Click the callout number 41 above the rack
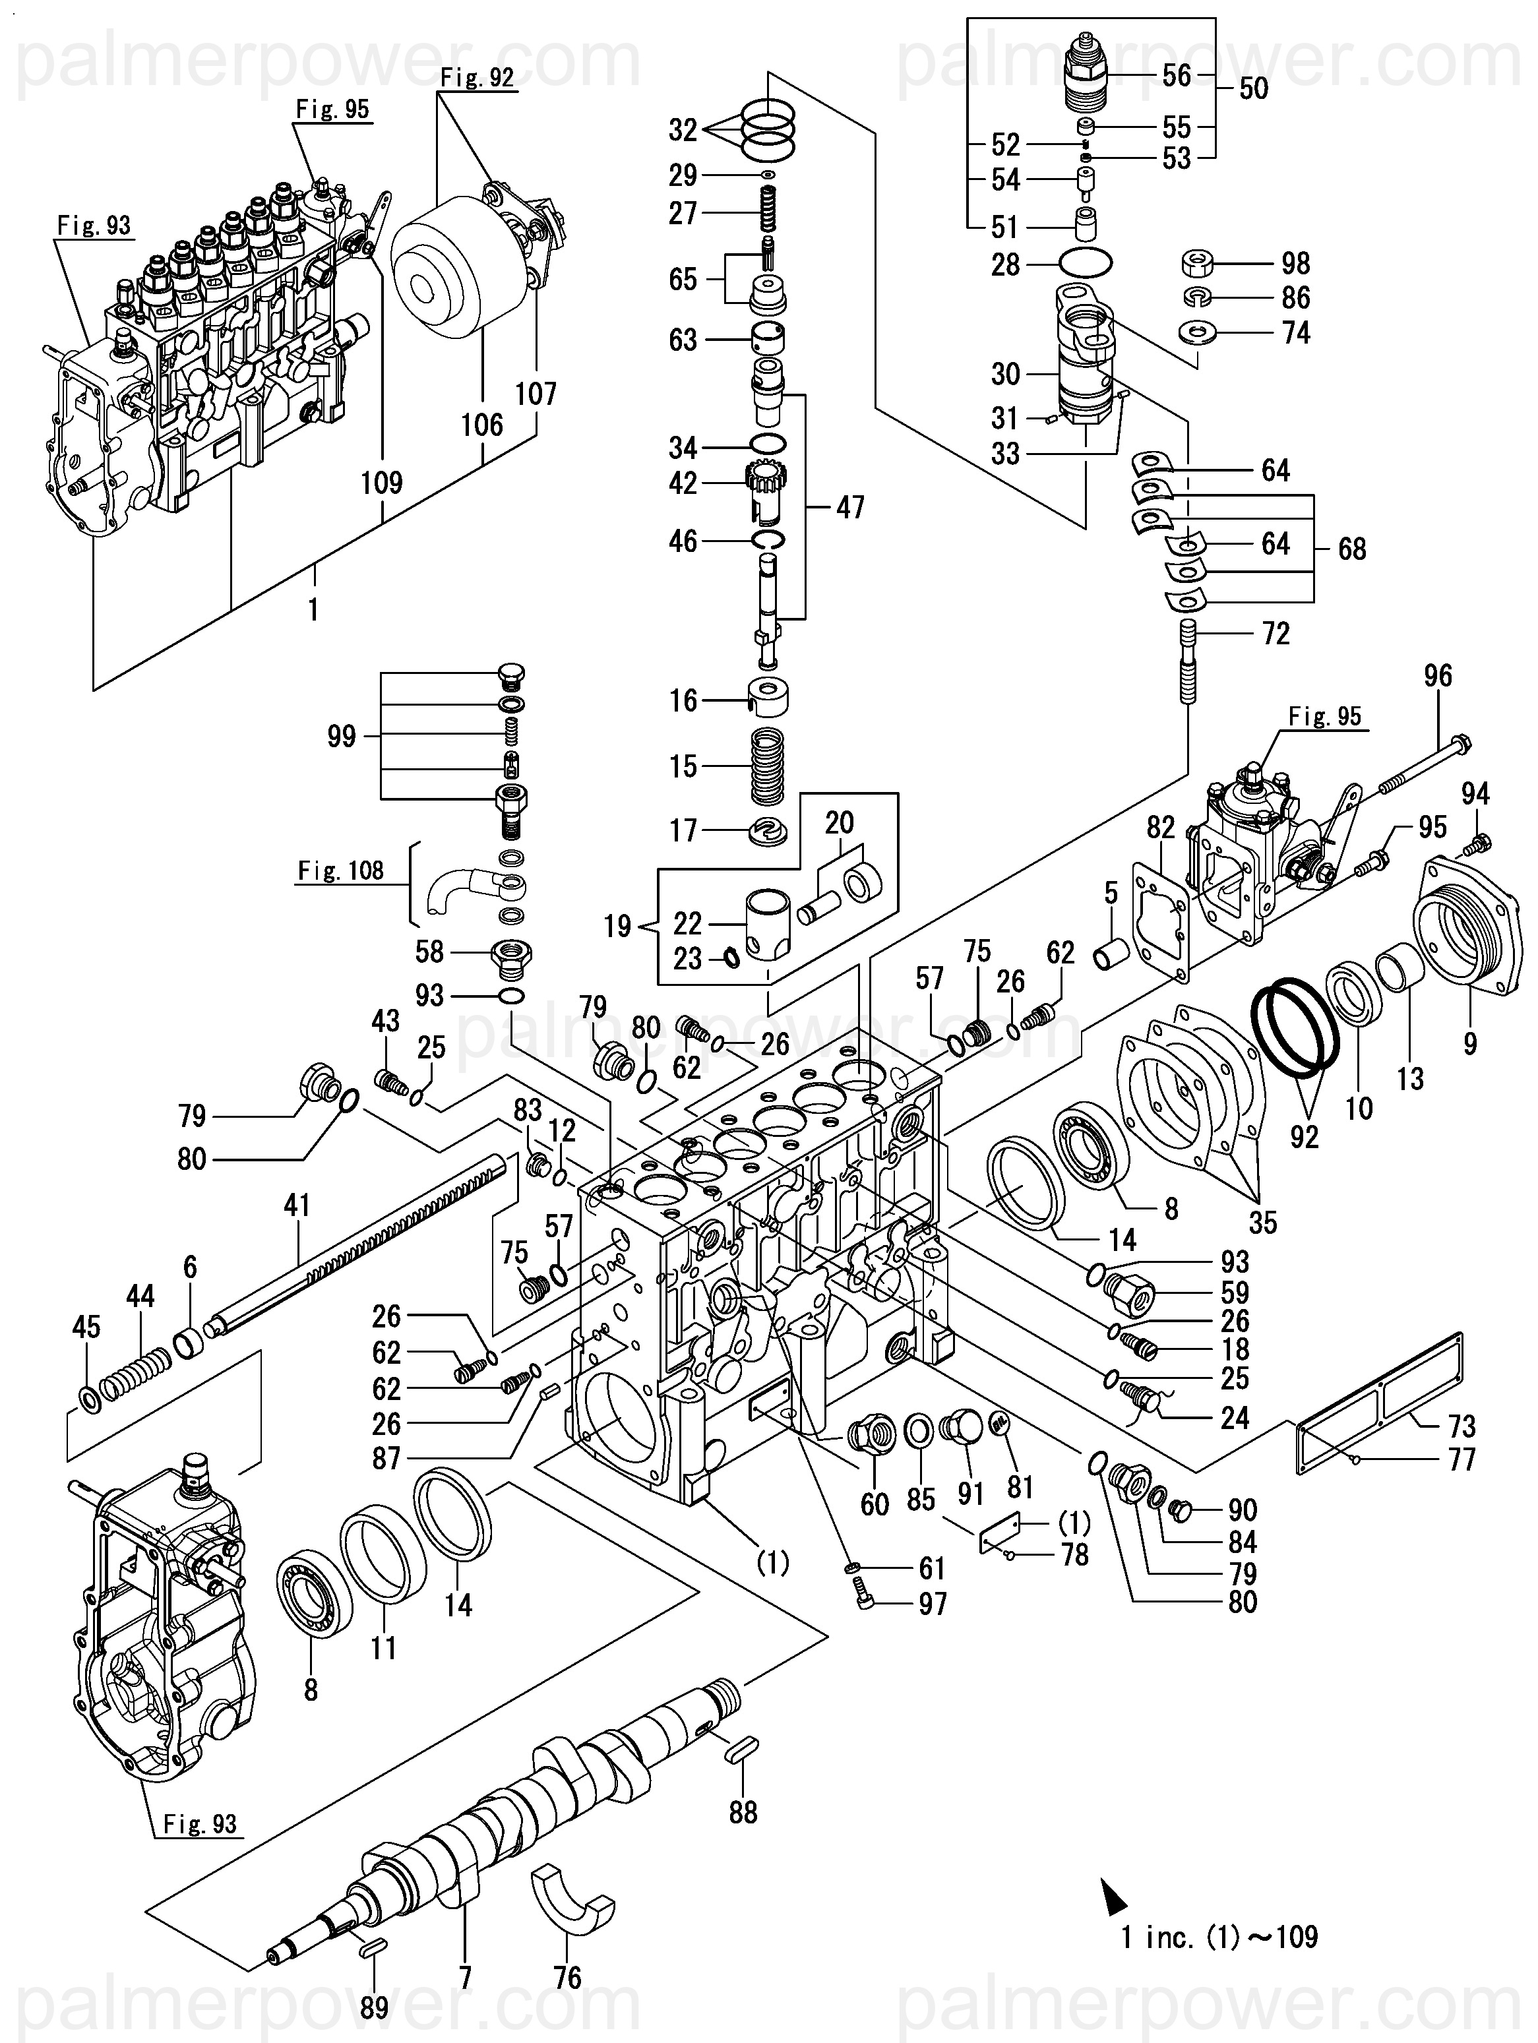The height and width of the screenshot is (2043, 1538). click(297, 1205)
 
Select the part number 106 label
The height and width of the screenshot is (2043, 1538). click(482, 425)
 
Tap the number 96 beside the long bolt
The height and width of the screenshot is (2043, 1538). click(1437, 675)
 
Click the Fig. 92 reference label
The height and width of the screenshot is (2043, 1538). click(477, 78)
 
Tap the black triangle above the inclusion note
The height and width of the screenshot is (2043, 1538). click(1114, 1893)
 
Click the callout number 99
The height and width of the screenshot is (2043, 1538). click(342, 736)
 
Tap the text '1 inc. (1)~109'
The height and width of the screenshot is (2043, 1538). click(1219, 1937)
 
